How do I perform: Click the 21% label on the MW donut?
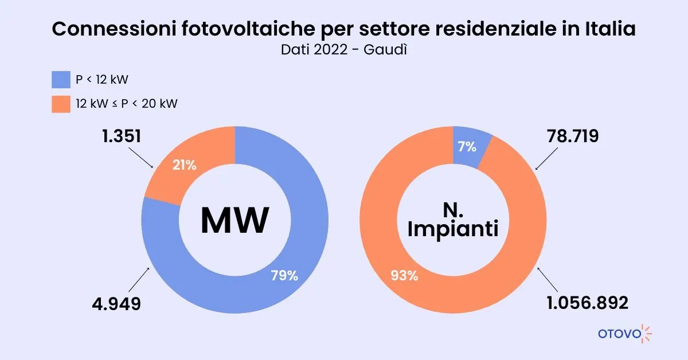coord(185,165)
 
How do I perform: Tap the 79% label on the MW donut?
coord(284,275)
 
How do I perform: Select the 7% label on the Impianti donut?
coord(467,147)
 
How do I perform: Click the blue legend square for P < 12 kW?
coord(61,80)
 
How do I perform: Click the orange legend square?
coord(61,104)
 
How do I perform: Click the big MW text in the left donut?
coord(234,221)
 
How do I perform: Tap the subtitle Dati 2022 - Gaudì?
coord(344,50)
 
